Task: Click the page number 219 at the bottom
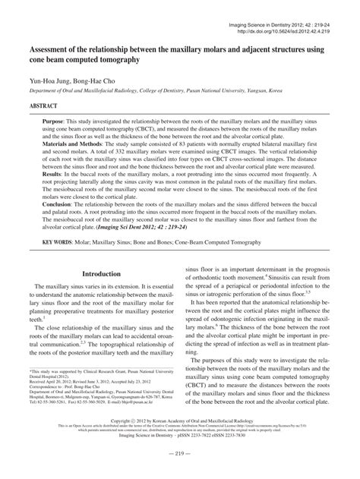[179, 473]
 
